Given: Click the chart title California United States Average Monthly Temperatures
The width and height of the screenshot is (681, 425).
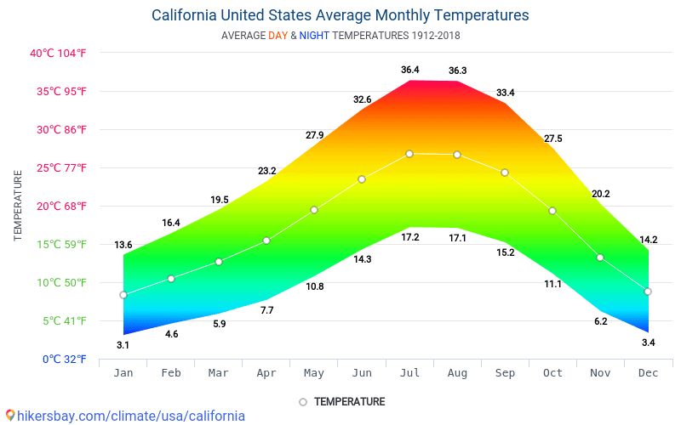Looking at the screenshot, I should pos(340,15).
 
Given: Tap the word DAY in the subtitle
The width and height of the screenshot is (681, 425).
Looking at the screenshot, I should pos(278,36).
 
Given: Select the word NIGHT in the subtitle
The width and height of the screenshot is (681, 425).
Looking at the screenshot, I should pos(314,36).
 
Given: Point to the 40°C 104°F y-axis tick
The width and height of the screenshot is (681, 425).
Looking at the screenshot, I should pos(58,53).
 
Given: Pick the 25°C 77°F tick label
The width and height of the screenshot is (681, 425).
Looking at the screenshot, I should pos(58,167).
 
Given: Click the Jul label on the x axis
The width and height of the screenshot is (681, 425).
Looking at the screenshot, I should pos(409,373).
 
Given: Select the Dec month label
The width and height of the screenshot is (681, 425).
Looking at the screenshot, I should pos(648,373).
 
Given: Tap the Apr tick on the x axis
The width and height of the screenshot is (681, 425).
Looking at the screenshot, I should pos(266,373).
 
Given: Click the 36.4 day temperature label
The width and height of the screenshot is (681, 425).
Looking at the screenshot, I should pos(410,70).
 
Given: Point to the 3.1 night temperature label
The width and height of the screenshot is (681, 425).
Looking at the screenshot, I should pos(123,345).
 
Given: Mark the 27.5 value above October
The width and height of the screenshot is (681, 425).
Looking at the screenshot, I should pos(553,139).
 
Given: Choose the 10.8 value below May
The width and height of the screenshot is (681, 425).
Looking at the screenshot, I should pos(315,286).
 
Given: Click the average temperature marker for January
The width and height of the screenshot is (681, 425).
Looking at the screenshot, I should pos(123,295).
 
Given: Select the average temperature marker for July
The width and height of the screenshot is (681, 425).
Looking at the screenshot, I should pos(409,154).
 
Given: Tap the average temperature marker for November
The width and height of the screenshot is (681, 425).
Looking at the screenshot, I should pos(600,258).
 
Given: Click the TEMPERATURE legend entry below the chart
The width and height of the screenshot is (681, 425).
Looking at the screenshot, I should pos(349,401).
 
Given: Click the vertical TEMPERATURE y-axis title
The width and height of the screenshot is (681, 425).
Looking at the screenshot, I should pos(18,205).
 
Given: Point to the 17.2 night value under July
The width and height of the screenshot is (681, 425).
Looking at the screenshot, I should pos(410,238).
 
